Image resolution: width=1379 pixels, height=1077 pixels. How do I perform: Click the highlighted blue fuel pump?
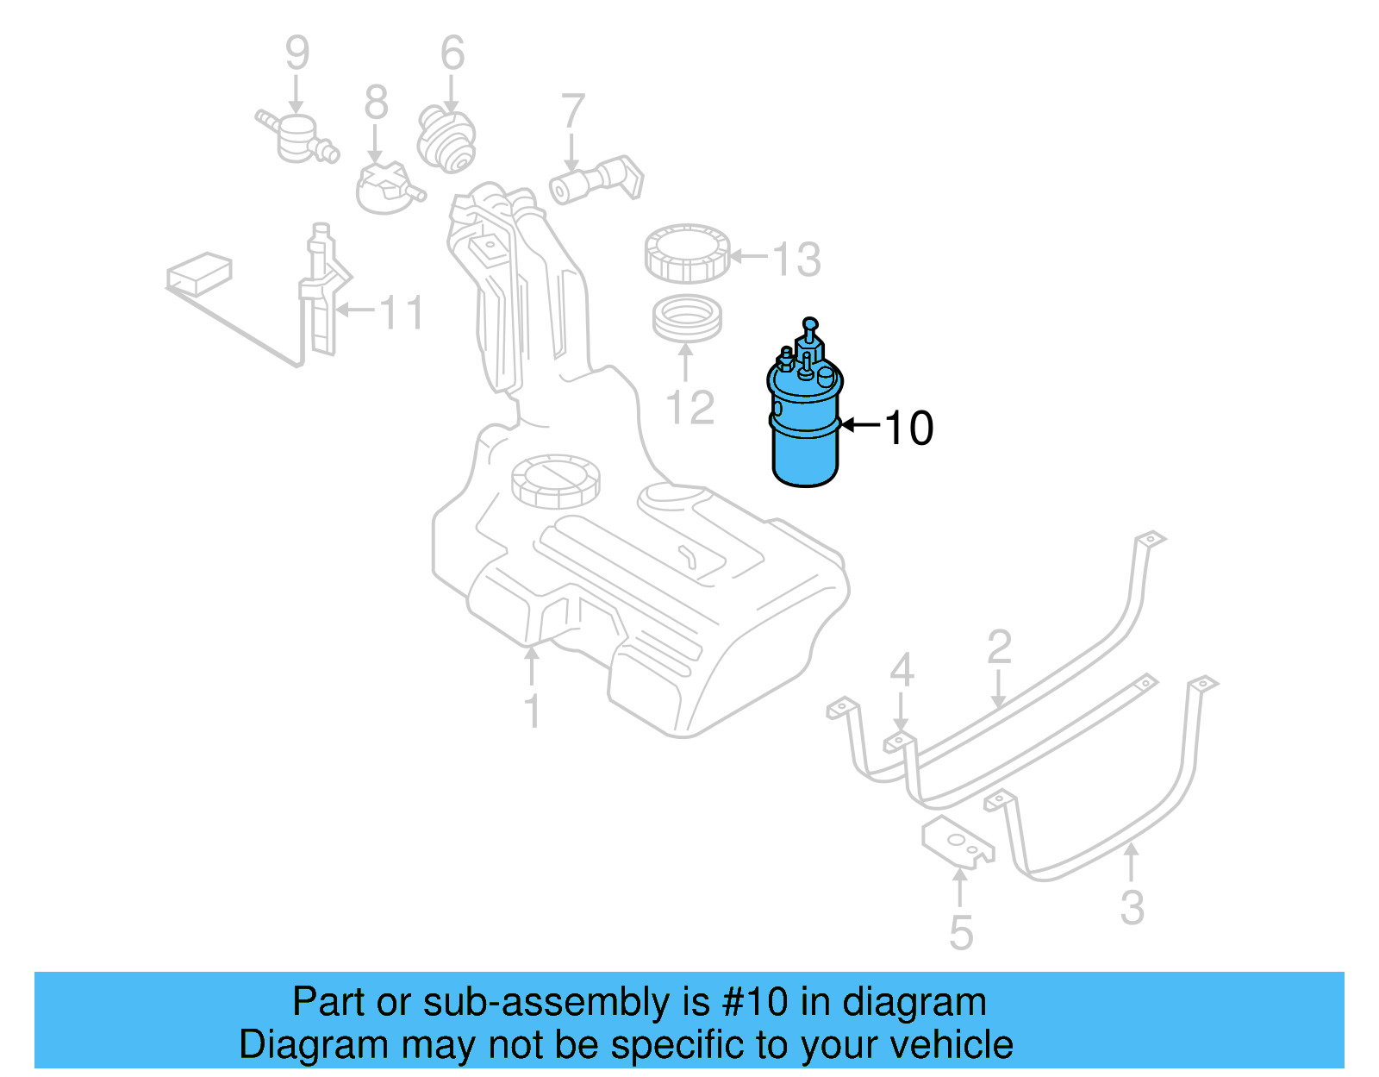tap(803, 423)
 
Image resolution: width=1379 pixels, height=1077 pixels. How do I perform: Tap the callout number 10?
tap(908, 428)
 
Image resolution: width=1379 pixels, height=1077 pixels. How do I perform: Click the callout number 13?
tap(796, 259)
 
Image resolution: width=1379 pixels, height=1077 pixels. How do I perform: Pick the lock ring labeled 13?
tap(687, 254)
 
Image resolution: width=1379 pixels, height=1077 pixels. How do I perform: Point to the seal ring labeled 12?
tap(686, 319)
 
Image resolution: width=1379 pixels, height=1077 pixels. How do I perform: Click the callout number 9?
tap(296, 53)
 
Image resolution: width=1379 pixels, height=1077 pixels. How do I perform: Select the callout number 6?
tap(452, 53)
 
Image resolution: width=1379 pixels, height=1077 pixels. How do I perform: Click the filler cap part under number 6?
tap(446, 138)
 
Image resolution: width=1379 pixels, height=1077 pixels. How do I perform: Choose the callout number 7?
tap(572, 112)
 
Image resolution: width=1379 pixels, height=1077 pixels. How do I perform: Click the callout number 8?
tap(376, 103)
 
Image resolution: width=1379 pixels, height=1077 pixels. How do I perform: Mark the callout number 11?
tap(402, 312)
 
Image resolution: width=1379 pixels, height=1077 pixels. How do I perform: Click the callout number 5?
tap(961, 933)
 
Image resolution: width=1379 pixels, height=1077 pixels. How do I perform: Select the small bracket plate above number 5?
tap(957, 841)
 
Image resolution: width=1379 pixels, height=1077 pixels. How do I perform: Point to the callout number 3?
tap(1132, 907)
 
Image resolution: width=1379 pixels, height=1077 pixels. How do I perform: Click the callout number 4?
tap(902, 670)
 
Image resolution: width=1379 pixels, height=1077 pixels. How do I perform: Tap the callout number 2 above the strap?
tap(999, 647)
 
